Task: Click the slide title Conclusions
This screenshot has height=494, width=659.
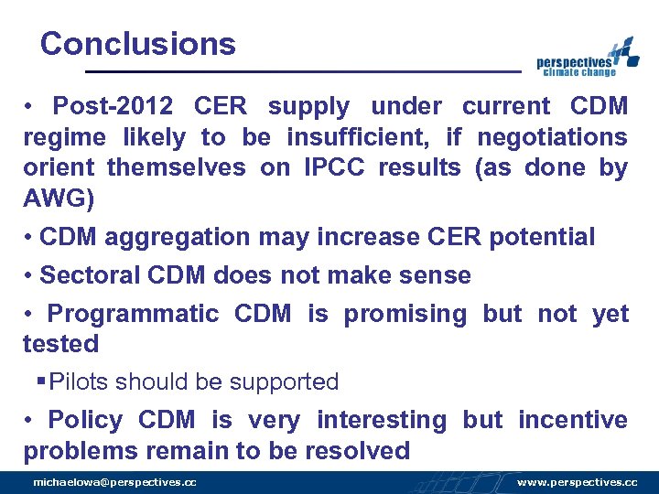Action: point(138,44)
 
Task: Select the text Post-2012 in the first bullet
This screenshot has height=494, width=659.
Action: point(113,106)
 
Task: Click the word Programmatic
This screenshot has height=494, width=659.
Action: point(133,314)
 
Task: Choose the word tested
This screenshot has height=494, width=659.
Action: point(60,344)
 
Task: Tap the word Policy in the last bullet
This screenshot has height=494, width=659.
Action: point(84,420)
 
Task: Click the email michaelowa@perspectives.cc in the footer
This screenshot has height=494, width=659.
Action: point(114,482)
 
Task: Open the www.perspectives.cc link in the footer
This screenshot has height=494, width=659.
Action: point(577,482)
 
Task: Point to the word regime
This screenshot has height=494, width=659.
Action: point(66,137)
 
